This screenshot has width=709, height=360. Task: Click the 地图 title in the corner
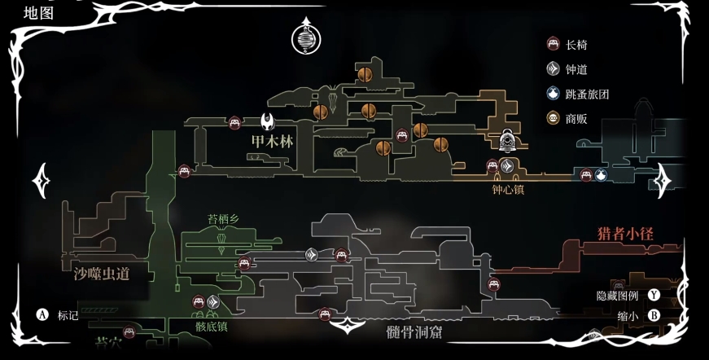point(39,12)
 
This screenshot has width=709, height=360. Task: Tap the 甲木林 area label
point(272,142)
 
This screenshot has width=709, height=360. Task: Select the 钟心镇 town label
point(508,190)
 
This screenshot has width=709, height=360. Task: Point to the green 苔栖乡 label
point(224,218)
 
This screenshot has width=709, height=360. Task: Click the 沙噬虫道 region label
point(101,273)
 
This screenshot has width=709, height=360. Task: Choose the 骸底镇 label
point(211,326)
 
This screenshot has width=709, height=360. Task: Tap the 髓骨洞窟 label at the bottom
point(419,332)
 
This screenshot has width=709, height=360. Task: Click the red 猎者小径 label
point(626,234)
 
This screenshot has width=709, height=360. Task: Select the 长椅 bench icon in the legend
point(554,44)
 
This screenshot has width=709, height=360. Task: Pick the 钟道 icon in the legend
point(554,69)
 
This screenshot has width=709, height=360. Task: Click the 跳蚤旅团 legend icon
point(554,94)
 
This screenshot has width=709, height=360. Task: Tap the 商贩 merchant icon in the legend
point(554,119)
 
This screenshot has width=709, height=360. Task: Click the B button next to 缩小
point(654,315)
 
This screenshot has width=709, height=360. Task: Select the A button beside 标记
point(42,314)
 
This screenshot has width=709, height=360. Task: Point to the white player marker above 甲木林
point(268,122)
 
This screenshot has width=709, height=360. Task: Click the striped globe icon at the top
point(306,39)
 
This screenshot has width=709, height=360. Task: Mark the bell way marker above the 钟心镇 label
point(507,166)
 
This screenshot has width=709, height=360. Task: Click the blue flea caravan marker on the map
point(601,174)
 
